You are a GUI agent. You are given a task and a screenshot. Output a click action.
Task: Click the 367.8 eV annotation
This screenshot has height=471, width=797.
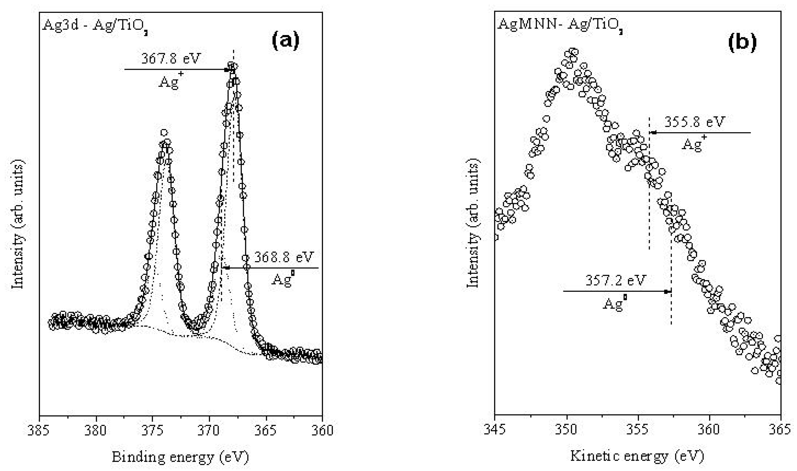click(x=171, y=59)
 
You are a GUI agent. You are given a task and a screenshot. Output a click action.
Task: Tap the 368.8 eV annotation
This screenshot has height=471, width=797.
click(x=283, y=257)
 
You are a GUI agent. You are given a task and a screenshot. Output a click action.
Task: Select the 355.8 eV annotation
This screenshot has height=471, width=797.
click(x=694, y=122)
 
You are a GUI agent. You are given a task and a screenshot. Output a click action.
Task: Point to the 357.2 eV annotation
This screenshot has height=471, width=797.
click(x=616, y=281)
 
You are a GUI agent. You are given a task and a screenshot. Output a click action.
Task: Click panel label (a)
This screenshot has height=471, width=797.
click(x=285, y=41)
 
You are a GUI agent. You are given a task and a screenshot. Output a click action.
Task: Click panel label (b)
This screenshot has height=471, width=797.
click(x=742, y=41)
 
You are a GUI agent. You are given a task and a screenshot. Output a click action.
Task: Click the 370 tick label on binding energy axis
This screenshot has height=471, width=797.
click(x=209, y=430)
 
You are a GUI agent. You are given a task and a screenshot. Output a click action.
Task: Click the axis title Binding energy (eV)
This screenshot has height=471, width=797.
click(x=180, y=457)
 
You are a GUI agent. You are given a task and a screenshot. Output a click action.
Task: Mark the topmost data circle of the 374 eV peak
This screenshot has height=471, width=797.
click(x=164, y=133)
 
